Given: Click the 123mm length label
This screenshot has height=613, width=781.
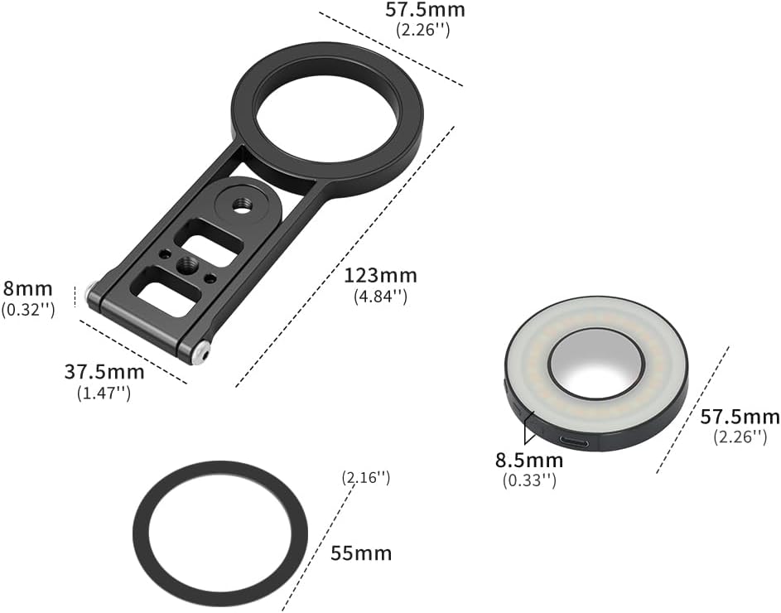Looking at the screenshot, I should pyautogui.click(x=381, y=275).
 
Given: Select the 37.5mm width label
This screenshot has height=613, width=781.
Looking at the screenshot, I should pyautogui.click(x=104, y=372).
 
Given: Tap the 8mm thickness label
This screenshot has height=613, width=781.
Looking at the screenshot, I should pyautogui.click(x=27, y=289).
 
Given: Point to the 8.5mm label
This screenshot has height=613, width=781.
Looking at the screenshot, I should pyautogui.click(x=528, y=461).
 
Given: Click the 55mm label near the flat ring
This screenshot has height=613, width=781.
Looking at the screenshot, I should pyautogui.click(x=360, y=553).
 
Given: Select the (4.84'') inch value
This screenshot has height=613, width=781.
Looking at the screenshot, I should pyautogui.click(x=375, y=295).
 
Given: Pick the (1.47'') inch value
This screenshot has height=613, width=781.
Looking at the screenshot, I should pyautogui.click(x=104, y=393).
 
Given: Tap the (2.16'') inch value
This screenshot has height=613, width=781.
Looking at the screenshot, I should pyautogui.click(x=365, y=477).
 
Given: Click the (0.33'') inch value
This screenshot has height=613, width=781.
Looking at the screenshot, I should pyautogui.click(x=528, y=480).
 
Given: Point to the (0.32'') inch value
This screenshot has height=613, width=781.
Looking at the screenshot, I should pyautogui.click(x=27, y=309).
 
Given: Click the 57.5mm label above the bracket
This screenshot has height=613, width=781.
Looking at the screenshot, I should pyautogui.click(x=425, y=10).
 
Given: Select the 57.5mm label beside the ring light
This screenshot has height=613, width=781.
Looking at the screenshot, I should pyautogui.click(x=740, y=417).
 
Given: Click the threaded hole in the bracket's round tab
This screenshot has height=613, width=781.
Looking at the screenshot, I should pyautogui.click(x=241, y=203).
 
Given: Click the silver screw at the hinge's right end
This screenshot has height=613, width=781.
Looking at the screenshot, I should pyautogui.click(x=198, y=355).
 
